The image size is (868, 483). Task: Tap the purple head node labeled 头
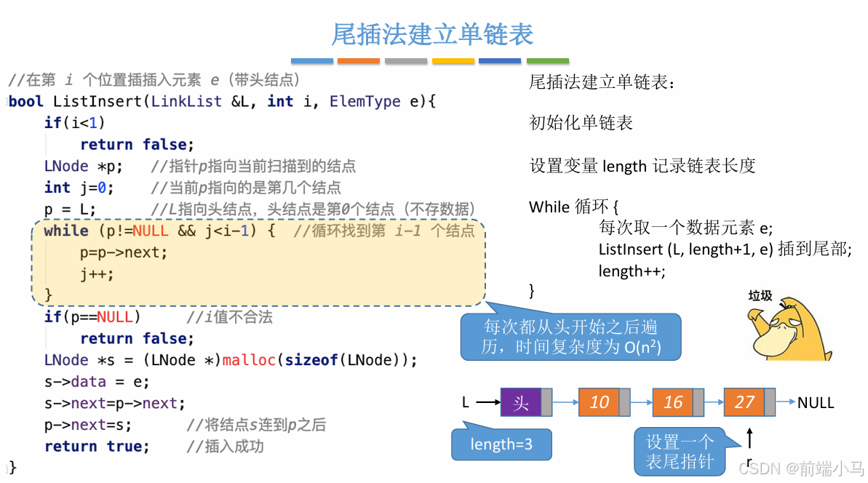(521, 402)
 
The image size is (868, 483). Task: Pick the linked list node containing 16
(673, 402)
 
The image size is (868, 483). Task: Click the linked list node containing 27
(744, 402)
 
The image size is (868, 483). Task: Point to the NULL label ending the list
(816, 402)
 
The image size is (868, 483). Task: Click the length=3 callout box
(501, 444)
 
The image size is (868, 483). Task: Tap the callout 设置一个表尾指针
(680, 451)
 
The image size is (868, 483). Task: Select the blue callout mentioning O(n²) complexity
(570, 337)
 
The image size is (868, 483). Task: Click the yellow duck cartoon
(789, 331)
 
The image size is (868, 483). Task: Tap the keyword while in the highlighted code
(66, 231)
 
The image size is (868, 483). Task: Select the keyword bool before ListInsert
(26, 102)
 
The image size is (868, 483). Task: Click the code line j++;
(97, 274)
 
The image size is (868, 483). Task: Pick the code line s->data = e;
(97, 382)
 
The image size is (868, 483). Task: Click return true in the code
(97, 446)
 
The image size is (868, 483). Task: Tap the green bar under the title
(547, 61)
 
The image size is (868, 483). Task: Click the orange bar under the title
(359, 61)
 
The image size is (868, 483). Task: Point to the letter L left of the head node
(466, 402)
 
